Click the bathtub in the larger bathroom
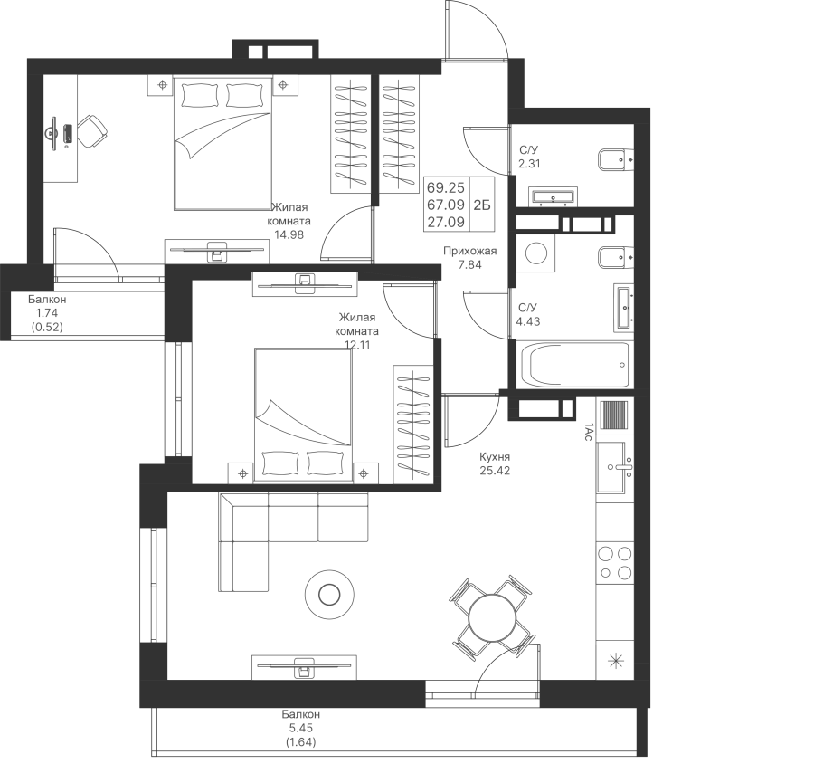(575, 364)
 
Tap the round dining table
(492, 618)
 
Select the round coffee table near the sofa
(329, 594)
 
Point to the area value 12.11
(357, 345)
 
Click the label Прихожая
(469, 251)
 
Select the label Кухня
(495, 457)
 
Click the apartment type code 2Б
(482, 205)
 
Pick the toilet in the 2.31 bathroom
(616, 160)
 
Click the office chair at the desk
(92, 130)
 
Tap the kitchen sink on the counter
(614, 467)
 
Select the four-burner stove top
(615, 562)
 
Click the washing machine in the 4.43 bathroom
(535, 253)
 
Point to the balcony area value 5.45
(301, 729)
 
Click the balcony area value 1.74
(47, 313)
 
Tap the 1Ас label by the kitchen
(587, 433)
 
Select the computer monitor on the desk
(52, 134)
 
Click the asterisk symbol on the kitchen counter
(616, 661)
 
